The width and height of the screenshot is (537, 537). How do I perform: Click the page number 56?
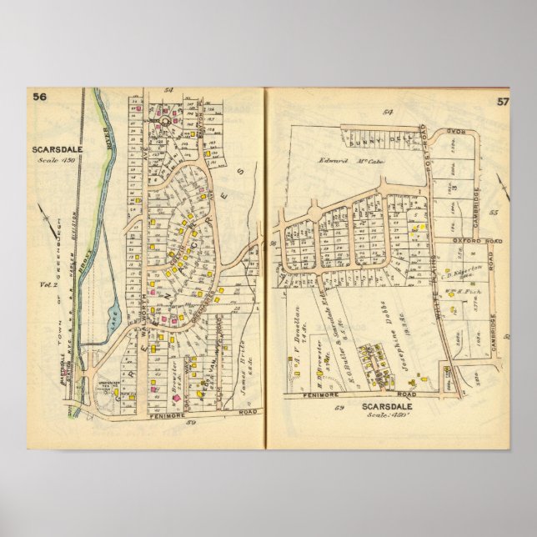pyautogui.click(x=39, y=97)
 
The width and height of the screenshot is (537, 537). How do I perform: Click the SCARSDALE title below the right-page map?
pyautogui.click(x=391, y=408)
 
